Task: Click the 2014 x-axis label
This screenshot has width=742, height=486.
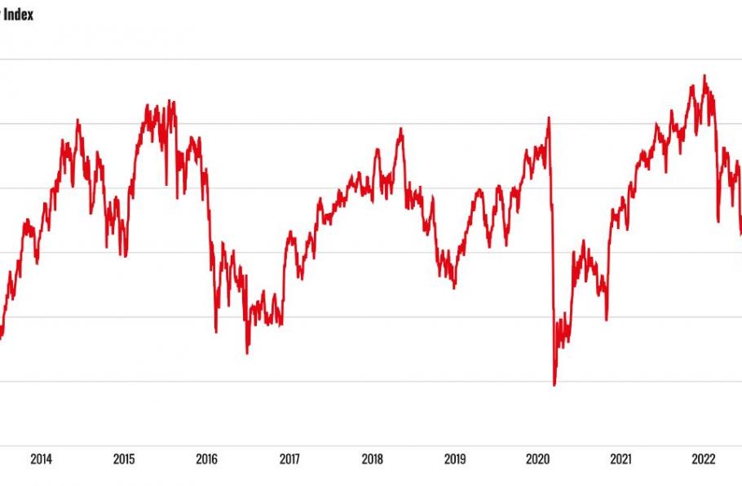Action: coord(41,459)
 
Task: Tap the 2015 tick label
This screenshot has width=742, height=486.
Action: coord(124,459)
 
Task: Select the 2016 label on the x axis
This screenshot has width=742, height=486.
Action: coord(206,459)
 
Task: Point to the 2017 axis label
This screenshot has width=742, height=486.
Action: coord(289,459)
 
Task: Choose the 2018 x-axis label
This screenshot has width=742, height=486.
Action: coord(372,459)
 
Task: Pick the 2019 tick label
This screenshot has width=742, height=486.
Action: coord(455,459)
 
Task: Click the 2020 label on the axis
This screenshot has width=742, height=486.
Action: coord(537,459)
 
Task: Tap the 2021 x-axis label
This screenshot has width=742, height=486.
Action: coord(621,459)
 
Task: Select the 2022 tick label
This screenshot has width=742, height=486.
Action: coord(703,459)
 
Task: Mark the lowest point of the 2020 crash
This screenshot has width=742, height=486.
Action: coord(554,385)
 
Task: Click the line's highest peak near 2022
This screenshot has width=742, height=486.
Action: coord(704,76)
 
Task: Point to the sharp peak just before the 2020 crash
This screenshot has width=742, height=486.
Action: coord(549,117)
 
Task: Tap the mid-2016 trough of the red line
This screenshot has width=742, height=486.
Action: coord(247,353)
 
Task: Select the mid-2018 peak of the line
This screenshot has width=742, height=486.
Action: coord(401,128)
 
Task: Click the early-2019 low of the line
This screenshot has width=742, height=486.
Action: coord(454,287)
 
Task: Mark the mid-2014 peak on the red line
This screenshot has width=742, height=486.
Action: coord(77,120)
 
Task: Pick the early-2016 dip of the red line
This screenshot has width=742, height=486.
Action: coord(216,332)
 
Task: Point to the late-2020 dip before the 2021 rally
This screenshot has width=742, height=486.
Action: coord(607,319)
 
